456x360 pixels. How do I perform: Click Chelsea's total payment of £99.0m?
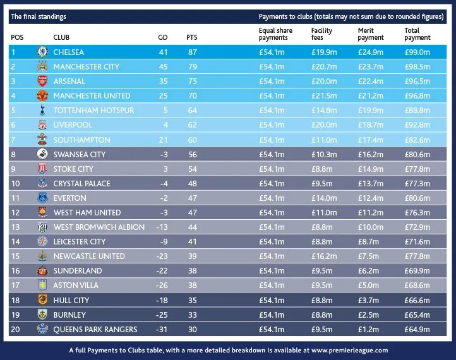click(417, 52)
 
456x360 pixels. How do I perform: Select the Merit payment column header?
click(370, 34)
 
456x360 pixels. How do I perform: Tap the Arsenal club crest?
click(42, 81)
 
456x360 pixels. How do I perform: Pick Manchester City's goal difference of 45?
click(163, 66)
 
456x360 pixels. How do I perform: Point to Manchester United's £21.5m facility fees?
click(324, 95)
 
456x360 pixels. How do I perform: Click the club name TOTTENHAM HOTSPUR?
click(93, 111)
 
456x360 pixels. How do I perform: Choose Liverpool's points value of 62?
click(192, 125)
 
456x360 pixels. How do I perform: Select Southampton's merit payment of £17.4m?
click(370, 140)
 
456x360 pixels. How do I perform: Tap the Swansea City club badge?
click(42, 154)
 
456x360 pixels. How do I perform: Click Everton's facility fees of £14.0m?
click(324, 198)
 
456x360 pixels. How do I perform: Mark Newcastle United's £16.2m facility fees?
click(324, 256)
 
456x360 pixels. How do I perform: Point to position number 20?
click(16, 329)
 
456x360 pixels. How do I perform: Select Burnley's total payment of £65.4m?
click(417, 315)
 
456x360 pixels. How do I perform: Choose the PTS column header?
click(192, 37)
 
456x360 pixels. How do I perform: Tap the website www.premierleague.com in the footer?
click(349, 349)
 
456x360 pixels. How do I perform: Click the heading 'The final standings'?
click(39, 16)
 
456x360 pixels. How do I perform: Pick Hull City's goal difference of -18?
click(163, 300)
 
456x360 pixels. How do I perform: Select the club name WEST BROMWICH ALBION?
click(99, 227)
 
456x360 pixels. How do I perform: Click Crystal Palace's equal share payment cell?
click(272, 183)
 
